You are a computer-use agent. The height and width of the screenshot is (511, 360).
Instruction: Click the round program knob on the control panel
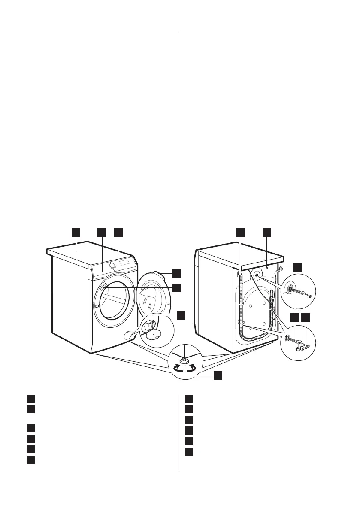tap(112, 266)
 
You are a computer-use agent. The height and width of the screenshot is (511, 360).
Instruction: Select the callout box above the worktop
tap(76, 232)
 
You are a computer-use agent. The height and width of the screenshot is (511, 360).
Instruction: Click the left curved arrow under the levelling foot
tap(176, 368)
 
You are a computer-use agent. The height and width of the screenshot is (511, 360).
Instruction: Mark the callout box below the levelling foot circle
tap(218, 375)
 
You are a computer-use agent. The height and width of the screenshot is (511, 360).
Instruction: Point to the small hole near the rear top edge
tap(267, 266)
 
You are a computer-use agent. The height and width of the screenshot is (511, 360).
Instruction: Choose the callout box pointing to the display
tap(118, 232)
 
